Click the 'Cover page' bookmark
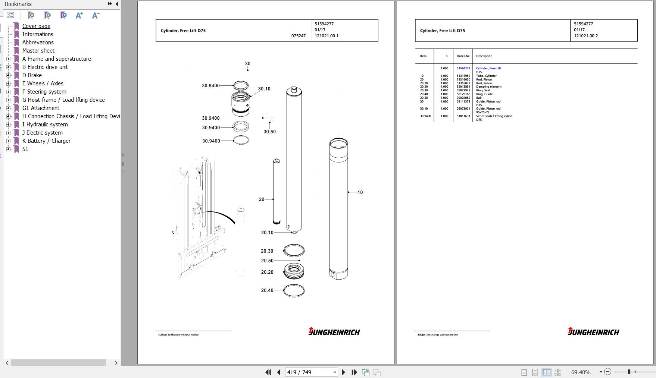click(36, 26)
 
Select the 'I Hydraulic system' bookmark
click(45, 125)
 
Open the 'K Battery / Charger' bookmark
click(46, 141)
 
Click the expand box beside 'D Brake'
click(9, 75)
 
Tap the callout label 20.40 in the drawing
click(267, 290)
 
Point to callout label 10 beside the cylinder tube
click(360, 192)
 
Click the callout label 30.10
click(264, 89)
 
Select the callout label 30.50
click(269, 132)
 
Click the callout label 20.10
click(267, 233)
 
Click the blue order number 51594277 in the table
click(463, 69)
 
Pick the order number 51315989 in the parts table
click(463, 76)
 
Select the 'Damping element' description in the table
click(489, 87)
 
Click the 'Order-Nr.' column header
click(463, 56)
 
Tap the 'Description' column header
click(484, 56)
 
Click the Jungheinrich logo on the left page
click(334, 331)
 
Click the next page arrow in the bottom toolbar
click(344, 372)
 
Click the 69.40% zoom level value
click(581, 372)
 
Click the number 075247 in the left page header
click(299, 36)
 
